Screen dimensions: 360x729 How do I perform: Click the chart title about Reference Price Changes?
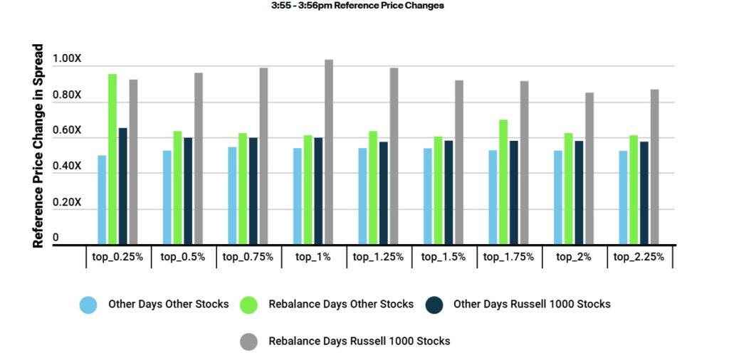pos(357,6)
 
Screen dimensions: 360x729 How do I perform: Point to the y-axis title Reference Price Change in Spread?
pos(38,147)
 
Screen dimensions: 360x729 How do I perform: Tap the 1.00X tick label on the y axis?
pos(68,60)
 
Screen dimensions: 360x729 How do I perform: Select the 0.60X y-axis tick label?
pos(68,131)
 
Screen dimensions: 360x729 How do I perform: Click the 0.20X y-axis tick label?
pos(68,203)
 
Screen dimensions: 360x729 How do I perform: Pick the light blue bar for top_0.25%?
pos(102,200)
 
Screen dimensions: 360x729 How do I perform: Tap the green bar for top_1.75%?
pos(503,182)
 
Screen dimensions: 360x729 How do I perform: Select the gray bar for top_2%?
pos(589,169)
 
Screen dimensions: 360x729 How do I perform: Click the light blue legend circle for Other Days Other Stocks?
pos(88,305)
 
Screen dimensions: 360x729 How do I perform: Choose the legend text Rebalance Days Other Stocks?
pos(341,305)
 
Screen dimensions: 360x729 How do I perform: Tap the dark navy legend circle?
pos(434,305)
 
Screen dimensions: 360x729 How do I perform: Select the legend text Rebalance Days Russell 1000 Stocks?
pos(359,342)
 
